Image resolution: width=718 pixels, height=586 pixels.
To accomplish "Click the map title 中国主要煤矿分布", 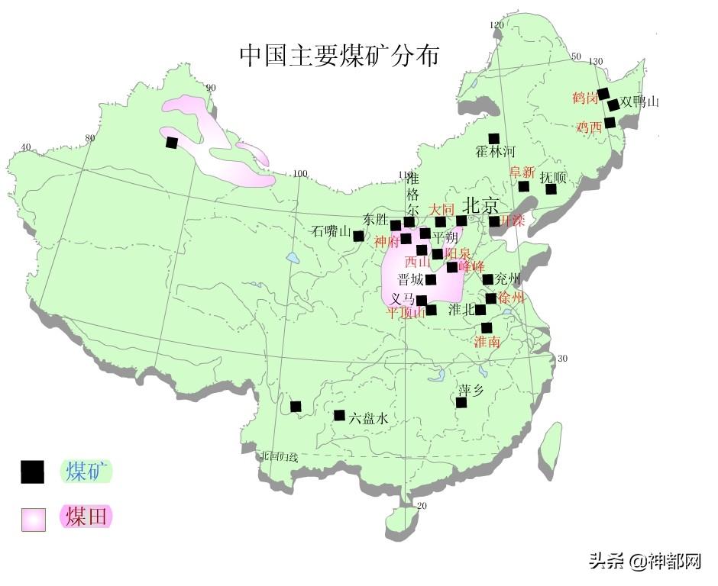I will pos(339,55).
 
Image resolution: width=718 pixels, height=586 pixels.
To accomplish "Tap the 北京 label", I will pos(480,206).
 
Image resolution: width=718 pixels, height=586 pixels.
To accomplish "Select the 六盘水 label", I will pos(370,418).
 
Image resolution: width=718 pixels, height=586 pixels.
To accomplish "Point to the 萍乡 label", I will pos(471,389).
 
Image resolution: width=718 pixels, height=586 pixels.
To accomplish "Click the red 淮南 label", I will pos(487,342).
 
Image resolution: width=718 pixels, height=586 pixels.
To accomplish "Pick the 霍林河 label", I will pos(496,152).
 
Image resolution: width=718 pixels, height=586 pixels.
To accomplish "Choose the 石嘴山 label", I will pos(332,232).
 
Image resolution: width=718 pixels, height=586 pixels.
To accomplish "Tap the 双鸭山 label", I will pos(640,101).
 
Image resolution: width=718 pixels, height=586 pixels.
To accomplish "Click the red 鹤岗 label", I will pos(584,98).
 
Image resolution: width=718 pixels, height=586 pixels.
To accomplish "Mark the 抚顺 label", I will pos(553,177).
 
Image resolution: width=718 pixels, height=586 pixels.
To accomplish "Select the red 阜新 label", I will pos(523,172).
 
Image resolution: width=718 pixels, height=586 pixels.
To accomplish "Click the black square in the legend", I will pos(32,472).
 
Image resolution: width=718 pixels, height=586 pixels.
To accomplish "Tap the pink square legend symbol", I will pos(34,519).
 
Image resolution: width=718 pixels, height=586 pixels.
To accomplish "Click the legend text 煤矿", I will pos(86,472).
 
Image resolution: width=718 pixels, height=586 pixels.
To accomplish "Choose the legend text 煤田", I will pos(86,517).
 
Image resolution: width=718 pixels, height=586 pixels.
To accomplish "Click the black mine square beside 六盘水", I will pos(340,415).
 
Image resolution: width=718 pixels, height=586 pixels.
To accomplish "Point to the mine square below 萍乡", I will pos(461,403).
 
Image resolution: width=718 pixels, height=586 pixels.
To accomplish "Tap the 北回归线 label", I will pos(280,456).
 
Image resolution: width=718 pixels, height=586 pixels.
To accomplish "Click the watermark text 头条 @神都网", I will pos(645,562).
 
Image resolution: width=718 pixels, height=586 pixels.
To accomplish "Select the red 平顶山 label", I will pos(406,312).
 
